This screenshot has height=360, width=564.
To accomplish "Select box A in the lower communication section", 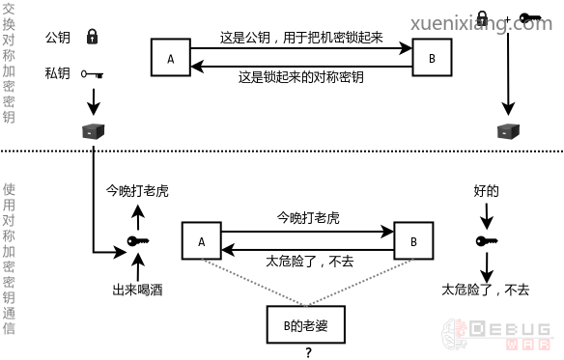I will point(202,241).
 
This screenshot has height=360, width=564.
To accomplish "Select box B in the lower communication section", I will point(412,241).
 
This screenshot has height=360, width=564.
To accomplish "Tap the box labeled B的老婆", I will point(306,325).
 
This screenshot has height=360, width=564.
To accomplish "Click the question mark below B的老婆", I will point(308,352).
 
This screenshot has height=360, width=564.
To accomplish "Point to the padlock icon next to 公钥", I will point(93,38).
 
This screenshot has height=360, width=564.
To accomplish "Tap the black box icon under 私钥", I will point(93,131).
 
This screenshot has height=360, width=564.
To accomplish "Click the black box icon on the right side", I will point(505,131).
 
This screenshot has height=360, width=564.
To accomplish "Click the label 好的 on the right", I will point(487,192).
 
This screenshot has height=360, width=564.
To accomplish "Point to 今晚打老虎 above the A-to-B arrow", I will point(308,218).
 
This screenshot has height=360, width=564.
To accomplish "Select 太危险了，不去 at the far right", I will point(486,289).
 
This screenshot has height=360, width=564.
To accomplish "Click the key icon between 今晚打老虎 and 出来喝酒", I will point(137,241).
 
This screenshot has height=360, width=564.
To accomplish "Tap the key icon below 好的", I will point(487,241).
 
